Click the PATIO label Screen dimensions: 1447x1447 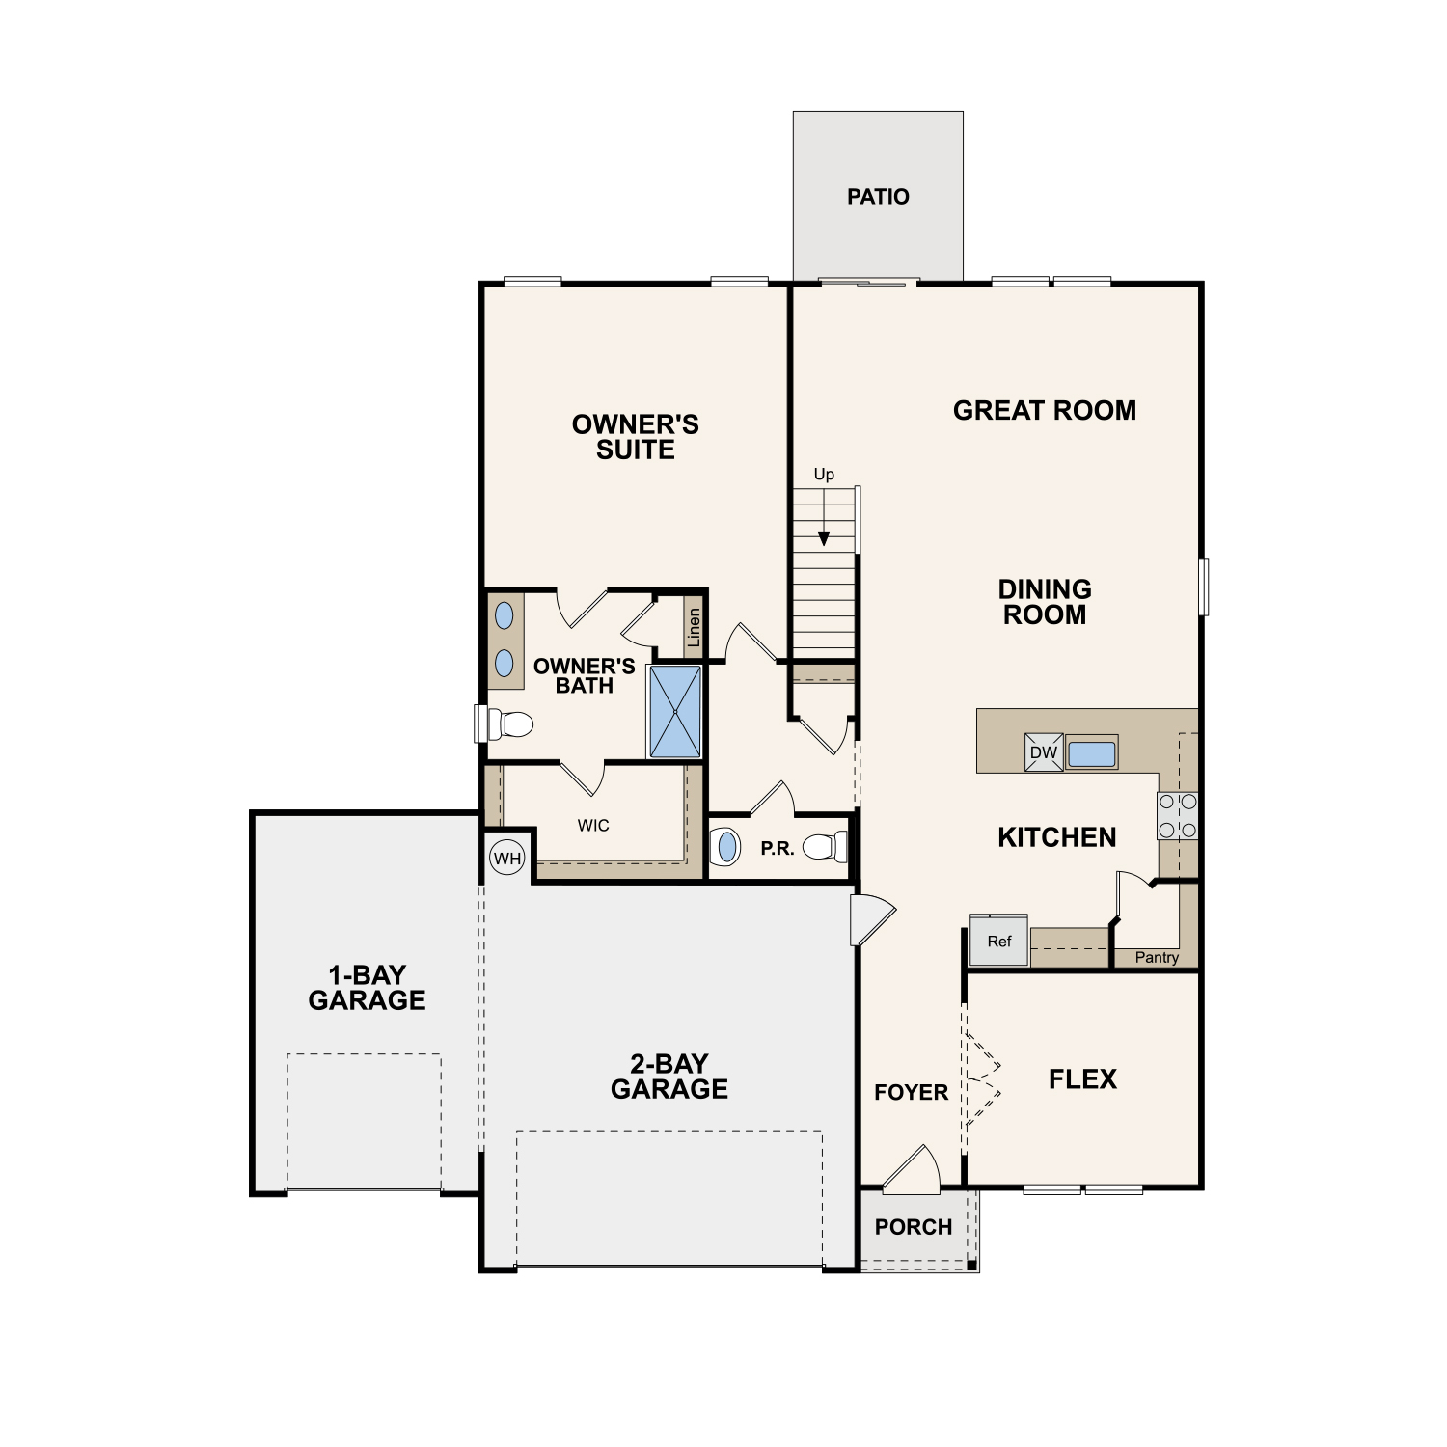coord(878,197)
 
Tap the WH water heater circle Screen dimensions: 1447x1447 coord(507,859)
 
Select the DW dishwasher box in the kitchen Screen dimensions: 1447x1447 coord(1044,752)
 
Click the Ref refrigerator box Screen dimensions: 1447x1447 coord(999,941)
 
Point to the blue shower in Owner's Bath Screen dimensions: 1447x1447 coord(675,712)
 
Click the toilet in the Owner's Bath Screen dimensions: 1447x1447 coord(511,723)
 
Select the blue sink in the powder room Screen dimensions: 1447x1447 coord(726,847)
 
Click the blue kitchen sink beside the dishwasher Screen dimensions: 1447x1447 coord(1092,753)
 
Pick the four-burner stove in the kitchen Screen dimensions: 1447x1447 coord(1178,816)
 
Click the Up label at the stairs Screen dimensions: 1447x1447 coord(824,474)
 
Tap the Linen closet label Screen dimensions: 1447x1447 coord(694,628)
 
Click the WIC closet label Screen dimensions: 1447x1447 coord(593,826)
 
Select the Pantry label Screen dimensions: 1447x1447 coord(1157,957)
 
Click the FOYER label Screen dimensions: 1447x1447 coord(911,1092)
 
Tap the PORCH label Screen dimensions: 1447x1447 coord(914,1227)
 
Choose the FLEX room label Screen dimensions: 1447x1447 coord(1082,1078)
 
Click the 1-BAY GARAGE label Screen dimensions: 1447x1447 coord(367,988)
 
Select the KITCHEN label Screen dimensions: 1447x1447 coord(1057,837)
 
